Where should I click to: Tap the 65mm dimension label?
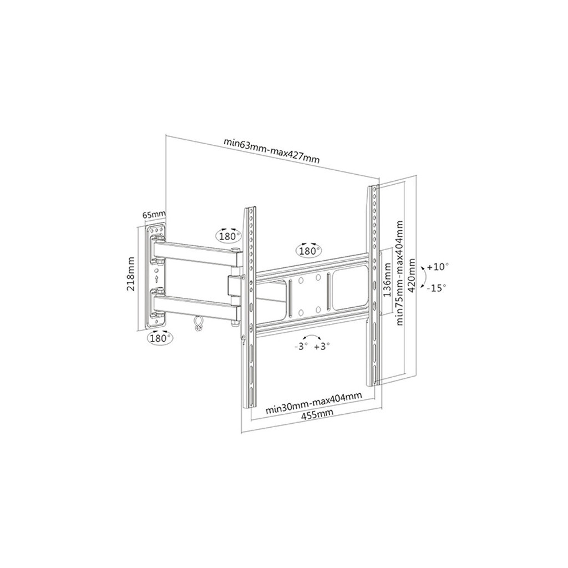(154, 214)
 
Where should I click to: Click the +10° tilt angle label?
(438, 267)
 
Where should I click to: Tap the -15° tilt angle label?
(436, 288)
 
